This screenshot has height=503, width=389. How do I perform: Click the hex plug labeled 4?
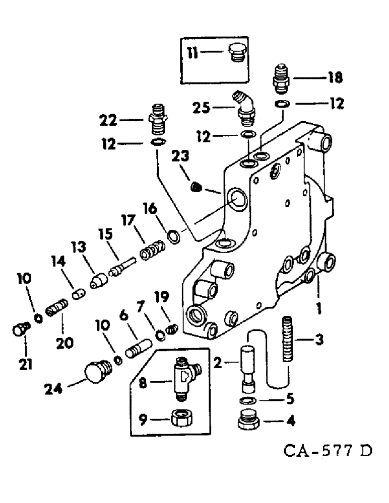tap(247, 421)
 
